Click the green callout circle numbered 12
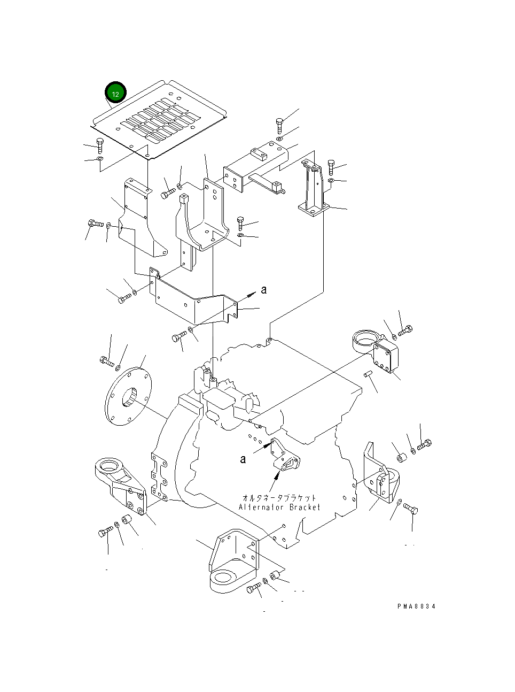[x=115, y=93]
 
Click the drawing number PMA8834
[x=416, y=606]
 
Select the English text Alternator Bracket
[x=279, y=507]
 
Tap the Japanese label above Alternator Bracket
[x=279, y=498]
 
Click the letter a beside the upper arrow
[x=264, y=290]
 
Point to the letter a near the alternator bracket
[x=243, y=459]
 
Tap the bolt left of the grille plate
[x=100, y=144]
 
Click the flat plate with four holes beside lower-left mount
[x=159, y=476]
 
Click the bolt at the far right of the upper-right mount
[x=405, y=330]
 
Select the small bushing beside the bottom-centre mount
[x=276, y=575]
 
